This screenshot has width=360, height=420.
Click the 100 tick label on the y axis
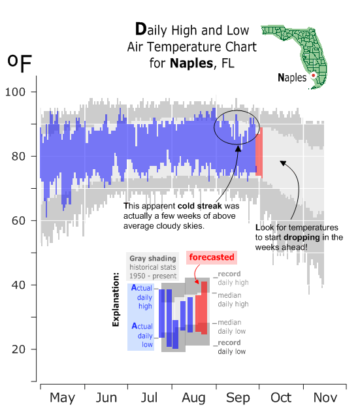[15, 92]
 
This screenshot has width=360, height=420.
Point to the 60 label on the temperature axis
[18, 221]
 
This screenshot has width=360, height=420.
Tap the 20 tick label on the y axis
[18, 349]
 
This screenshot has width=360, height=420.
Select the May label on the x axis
[63, 398]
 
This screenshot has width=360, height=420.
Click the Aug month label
[193, 398]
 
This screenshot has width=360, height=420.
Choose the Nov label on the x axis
[325, 398]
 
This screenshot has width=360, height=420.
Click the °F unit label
[20, 63]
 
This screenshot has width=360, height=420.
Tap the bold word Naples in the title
[191, 63]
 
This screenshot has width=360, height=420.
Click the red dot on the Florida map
[313, 76]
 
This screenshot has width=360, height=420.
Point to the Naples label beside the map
[292, 78]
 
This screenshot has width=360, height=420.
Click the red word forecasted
[212, 257]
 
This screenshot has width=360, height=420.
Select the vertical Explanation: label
[116, 299]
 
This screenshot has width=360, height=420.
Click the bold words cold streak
[199, 206]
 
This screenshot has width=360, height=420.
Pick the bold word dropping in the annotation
[302, 237]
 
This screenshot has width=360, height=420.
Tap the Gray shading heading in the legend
[153, 259]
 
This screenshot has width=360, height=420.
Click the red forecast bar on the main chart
[259, 152]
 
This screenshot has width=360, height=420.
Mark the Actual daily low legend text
[142, 335]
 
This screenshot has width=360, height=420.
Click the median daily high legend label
[233, 300]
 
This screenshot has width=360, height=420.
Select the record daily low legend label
[232, 347]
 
